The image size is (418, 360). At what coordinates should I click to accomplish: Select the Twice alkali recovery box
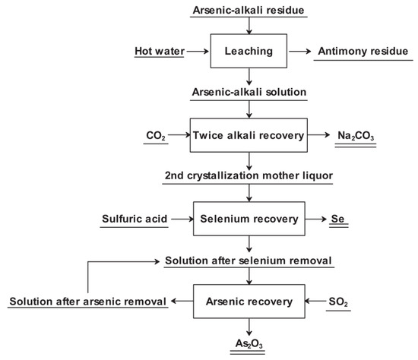pos(249,136)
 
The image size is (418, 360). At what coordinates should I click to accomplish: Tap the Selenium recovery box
pos(249,220)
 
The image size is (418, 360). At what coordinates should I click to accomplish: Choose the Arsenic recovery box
pos(249,302)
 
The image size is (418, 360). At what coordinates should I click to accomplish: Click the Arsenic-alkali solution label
pos(249,93)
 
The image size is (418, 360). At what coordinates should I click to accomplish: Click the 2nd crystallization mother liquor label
pos(249,176)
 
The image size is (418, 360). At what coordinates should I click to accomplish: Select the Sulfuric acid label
pos(136,220)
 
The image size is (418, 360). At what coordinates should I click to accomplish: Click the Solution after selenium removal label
pos(249,261)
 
